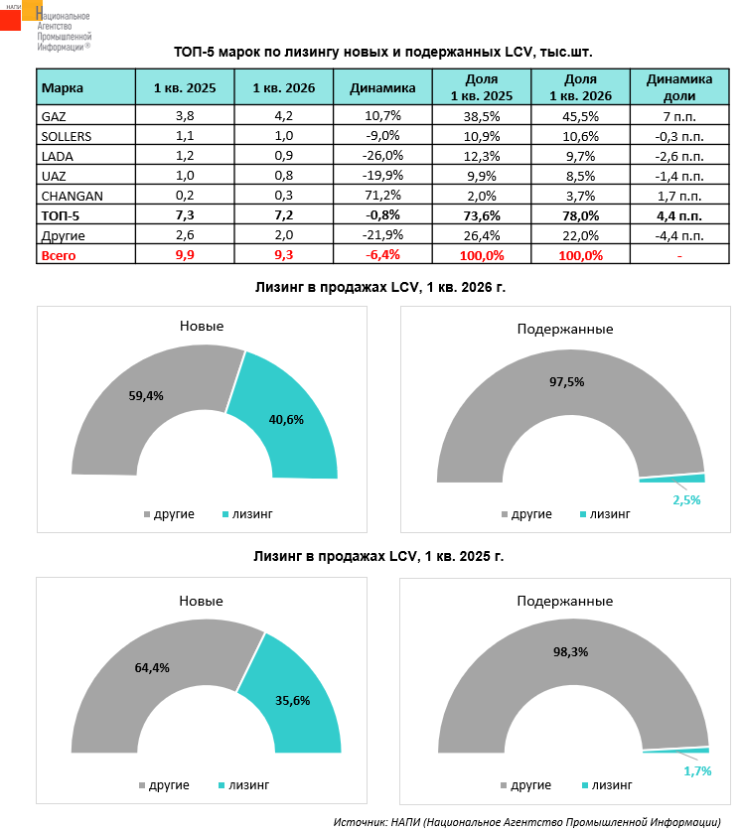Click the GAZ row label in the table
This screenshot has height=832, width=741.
click(x=54, y=115)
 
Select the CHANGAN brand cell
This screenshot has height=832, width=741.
click(x=73, y=195)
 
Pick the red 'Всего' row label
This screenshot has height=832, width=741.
click(x=59, y=255)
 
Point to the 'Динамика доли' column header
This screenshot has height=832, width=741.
click(x=680, y=87)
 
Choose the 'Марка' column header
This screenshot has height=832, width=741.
click(x=63, y=87)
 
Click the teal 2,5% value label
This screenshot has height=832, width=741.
click(x=686, y=500)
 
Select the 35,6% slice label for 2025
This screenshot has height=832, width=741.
click(x=292, y=700)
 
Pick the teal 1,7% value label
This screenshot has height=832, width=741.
click(x=697, y=770)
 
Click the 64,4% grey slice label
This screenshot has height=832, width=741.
click(x=152, y=668)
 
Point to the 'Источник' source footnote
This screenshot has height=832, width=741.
click(x=526, y=822)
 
